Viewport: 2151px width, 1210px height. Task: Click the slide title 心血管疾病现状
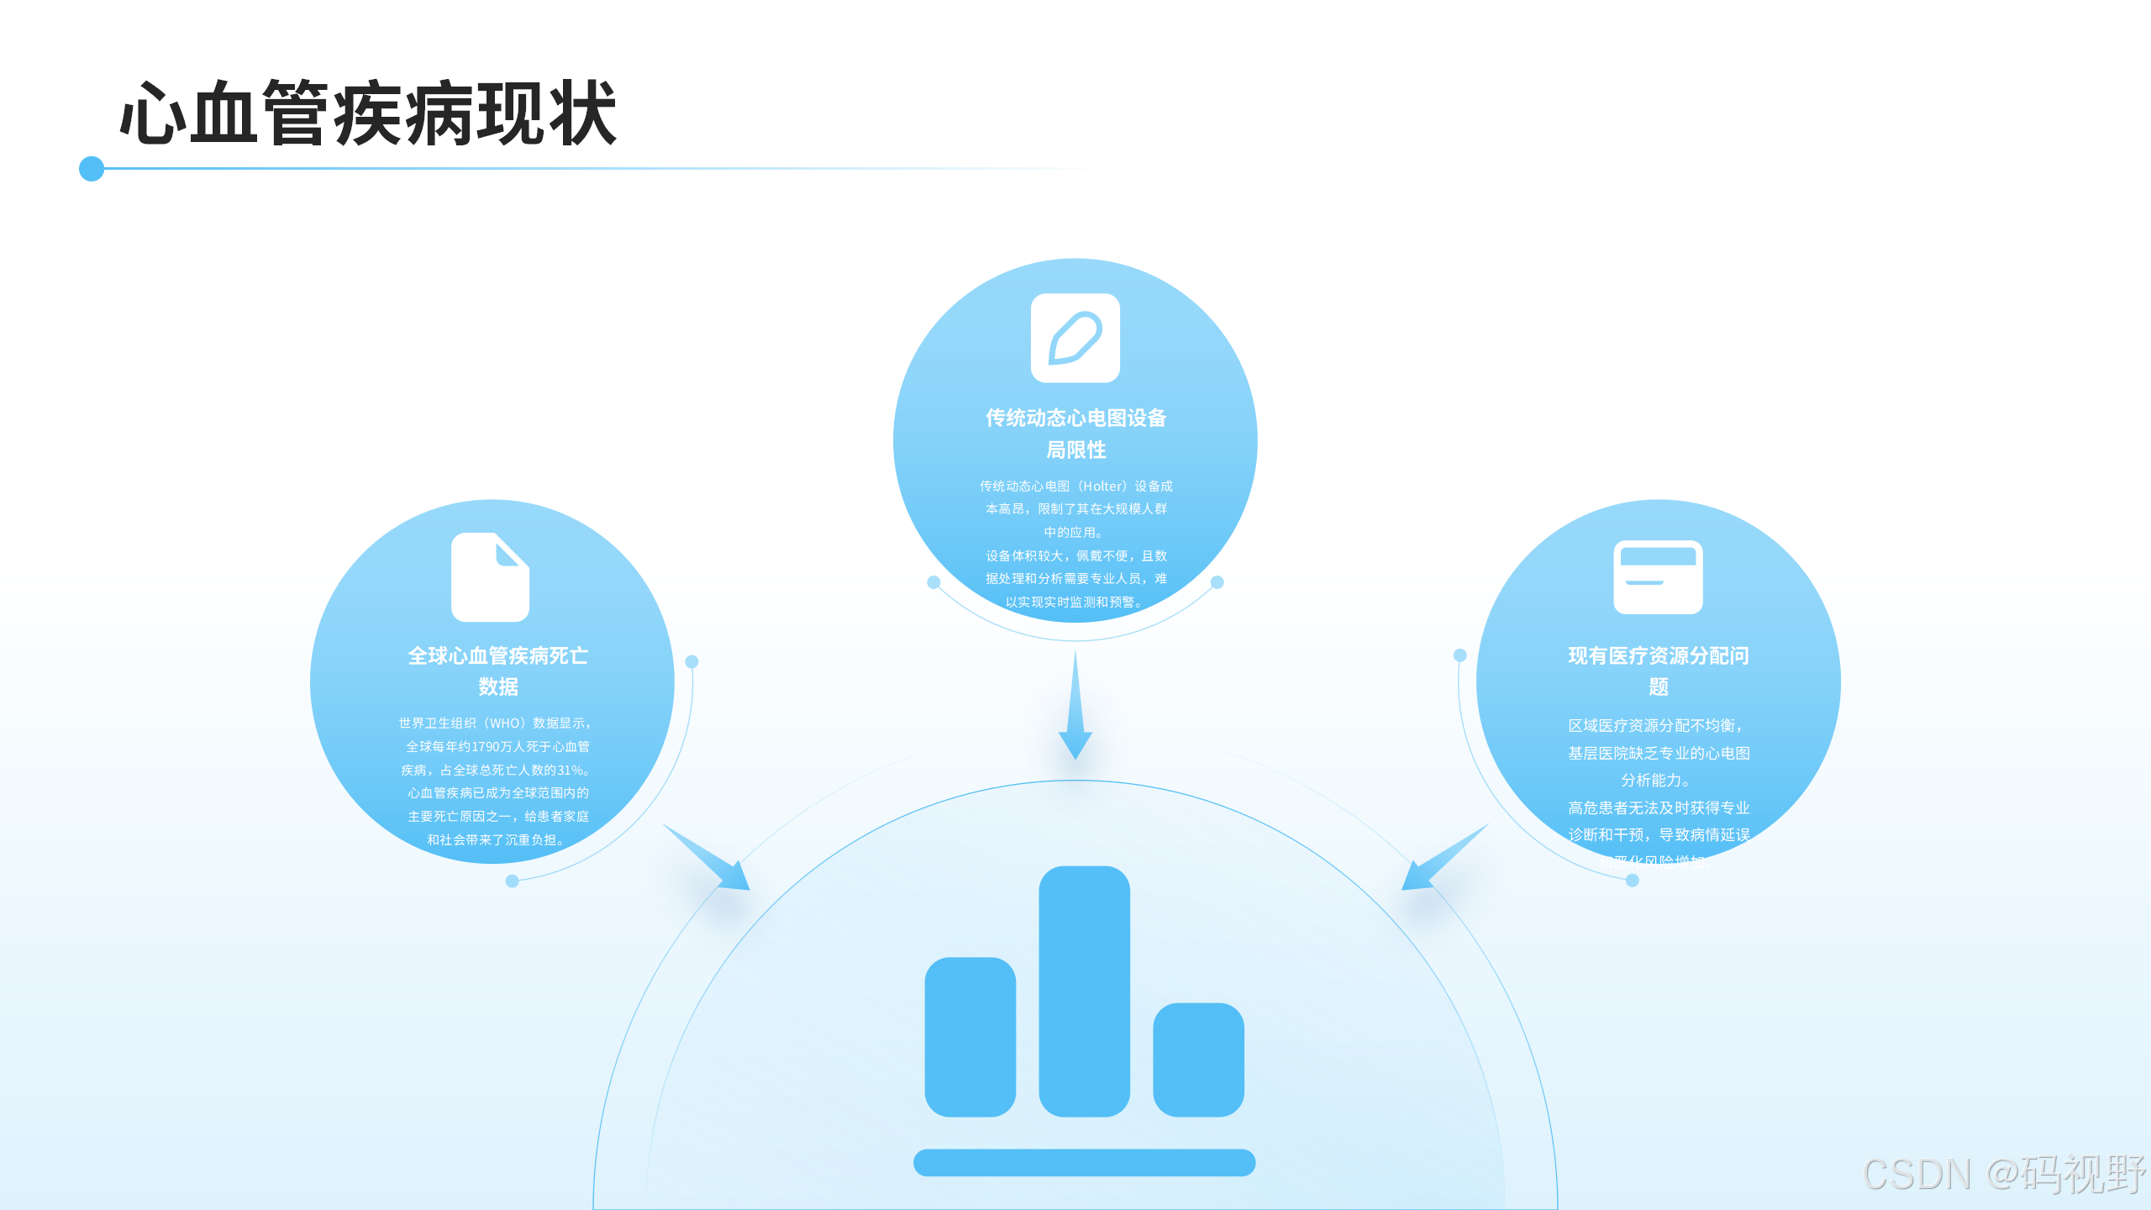point(368,113)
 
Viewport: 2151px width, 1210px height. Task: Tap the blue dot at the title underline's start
point(92,169)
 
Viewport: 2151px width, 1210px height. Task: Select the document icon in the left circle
point(490,577)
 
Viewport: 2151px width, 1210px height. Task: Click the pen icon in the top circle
point(1075,338)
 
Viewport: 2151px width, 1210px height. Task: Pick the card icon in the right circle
point(1658,577)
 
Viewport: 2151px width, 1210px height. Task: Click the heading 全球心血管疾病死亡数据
point(498,671)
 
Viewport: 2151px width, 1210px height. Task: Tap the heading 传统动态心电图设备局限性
point(1075,434)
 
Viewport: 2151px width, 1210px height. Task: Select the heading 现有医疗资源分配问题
point(1658,671)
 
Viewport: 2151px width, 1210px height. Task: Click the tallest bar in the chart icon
point(1084,992)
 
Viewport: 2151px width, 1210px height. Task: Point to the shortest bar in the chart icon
point(1198,1060)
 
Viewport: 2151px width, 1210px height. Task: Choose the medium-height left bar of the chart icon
point(970,1037)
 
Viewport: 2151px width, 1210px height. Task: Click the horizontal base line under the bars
point(1084,1162)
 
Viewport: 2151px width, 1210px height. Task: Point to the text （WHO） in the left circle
point(505,723)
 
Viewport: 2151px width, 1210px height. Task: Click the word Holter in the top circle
point(1102,487)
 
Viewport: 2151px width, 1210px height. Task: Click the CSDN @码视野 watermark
point(2004,1174)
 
